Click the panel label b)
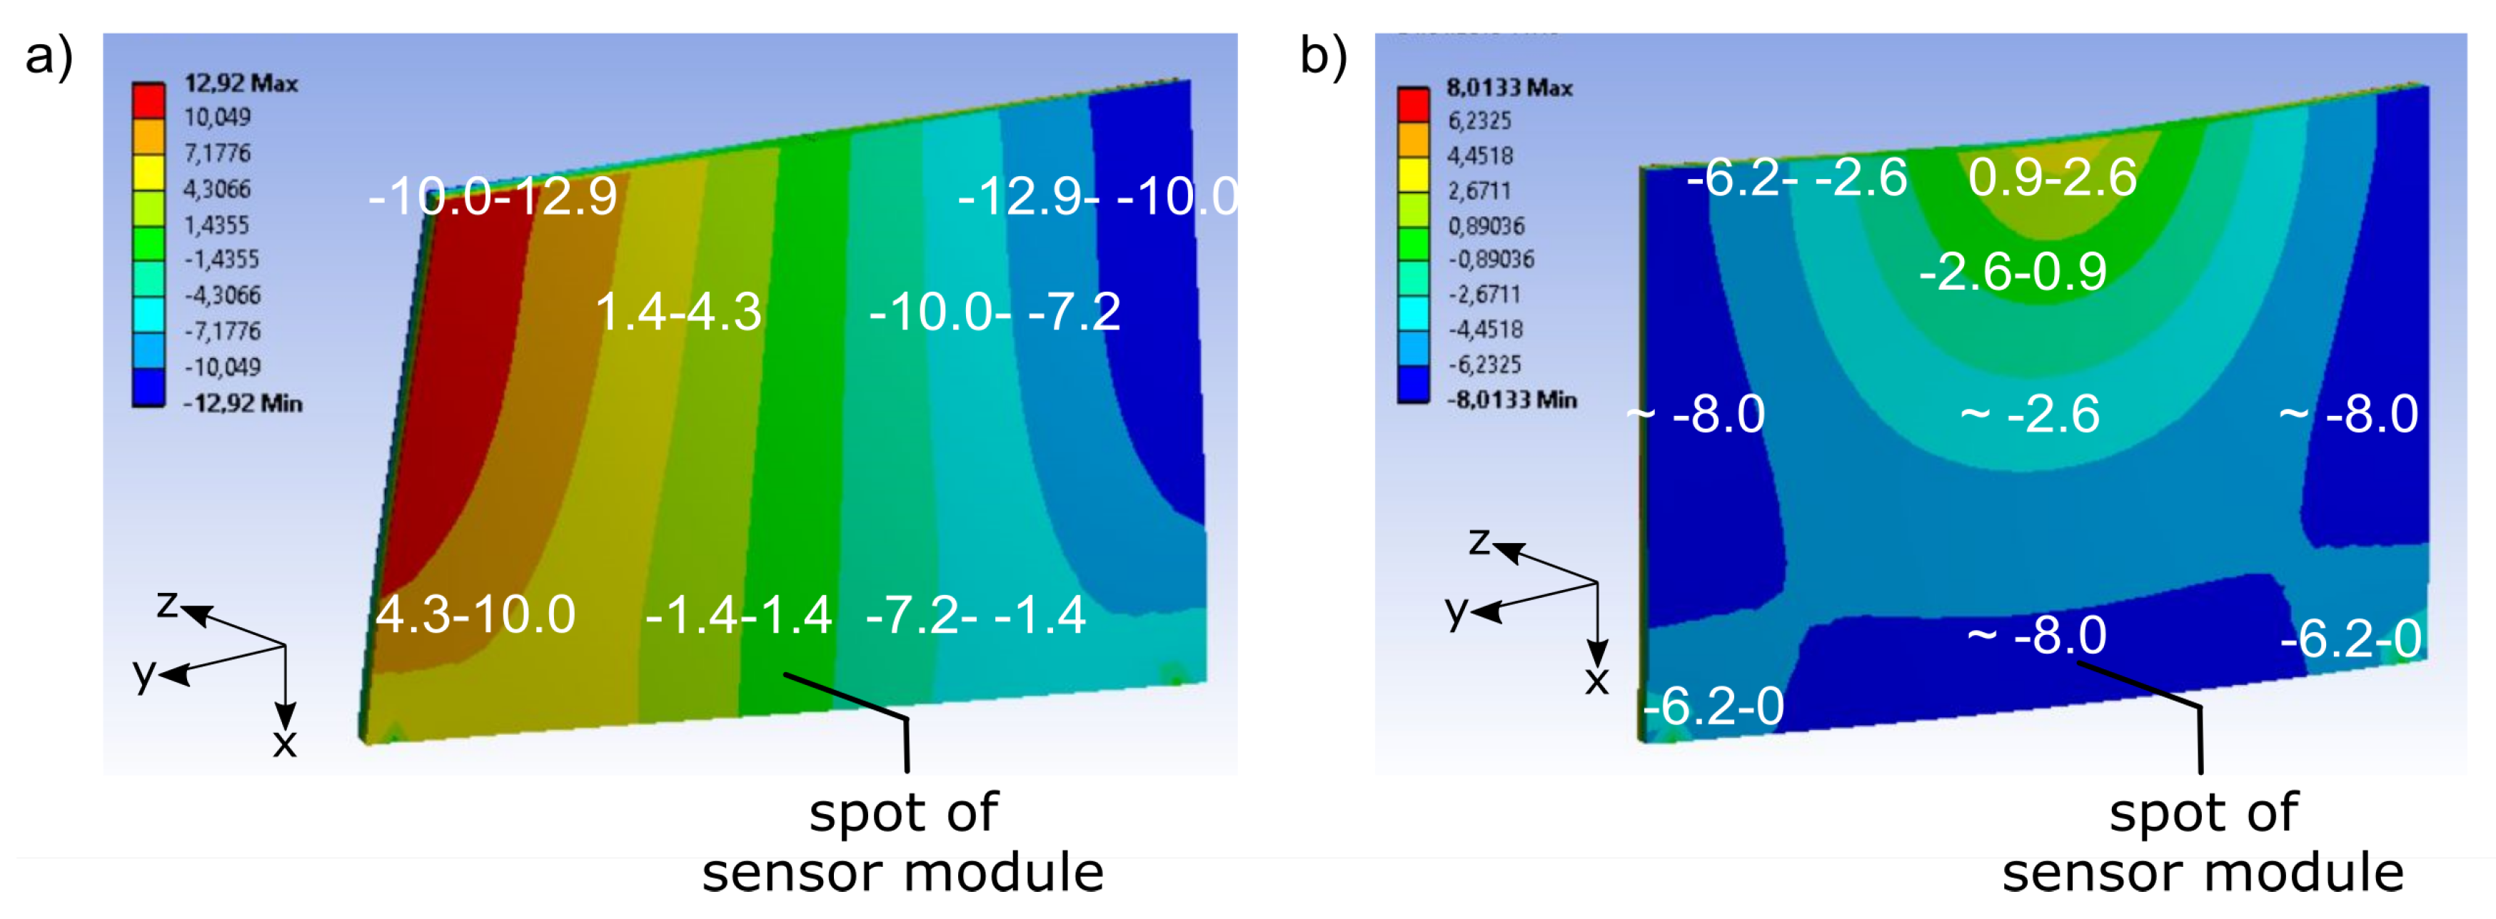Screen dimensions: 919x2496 click(1322, 56)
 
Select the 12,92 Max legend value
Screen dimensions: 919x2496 click(241, 83)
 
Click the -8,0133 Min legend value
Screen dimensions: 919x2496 click(1511, 399)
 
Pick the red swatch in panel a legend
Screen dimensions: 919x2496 click(149, 101)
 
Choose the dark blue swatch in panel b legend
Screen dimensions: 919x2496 click(1413, 382)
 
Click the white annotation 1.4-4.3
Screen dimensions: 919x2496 click(678, 312)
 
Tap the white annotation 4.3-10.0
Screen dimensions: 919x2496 click(475, 614)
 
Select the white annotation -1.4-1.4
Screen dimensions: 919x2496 click(738, 614)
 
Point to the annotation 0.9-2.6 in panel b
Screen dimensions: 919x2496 click(2052, 177)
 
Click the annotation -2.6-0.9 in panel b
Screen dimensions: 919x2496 click(2013, 271)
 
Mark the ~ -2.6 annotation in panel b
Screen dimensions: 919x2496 click(2029, 415)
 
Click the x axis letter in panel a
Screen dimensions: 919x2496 click(284, 743)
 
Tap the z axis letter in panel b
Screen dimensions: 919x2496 click(1479, 540)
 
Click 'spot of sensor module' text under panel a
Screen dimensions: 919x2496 click(903, 843)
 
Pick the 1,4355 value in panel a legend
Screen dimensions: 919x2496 click(217, 225)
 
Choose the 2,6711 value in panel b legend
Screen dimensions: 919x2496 click(1479, 191)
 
